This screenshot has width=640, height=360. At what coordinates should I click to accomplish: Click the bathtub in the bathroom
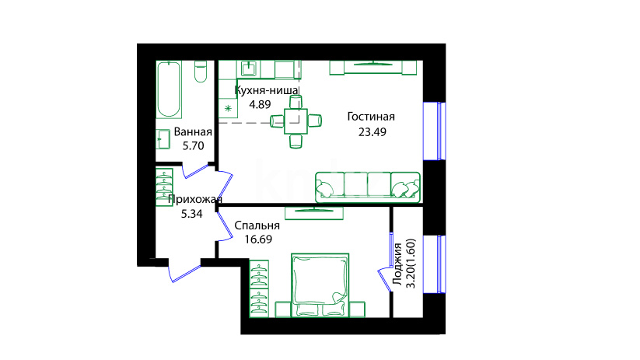point(169,89)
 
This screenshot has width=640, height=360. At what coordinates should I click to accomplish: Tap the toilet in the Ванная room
point(201,72)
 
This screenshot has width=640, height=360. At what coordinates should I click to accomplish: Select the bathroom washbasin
point(163,138)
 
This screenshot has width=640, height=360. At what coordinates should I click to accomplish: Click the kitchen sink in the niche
point(248,68)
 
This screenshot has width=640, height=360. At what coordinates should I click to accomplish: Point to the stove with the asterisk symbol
point(228,109)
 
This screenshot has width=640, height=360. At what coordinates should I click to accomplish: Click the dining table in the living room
point(296,121)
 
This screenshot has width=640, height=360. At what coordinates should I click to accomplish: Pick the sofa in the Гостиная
point(368,187)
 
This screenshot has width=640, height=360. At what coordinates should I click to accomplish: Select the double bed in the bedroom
point(320,285)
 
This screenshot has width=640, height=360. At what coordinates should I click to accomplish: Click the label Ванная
point(193,132)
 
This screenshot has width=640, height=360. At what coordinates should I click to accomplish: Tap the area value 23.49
point(372,132)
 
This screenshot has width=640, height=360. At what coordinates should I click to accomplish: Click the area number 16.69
point(258,239)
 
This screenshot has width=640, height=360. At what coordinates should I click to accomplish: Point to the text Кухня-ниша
point(267,90)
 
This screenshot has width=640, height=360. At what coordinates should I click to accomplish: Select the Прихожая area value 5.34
point(191,214)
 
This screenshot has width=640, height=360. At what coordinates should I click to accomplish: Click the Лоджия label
point(397,264)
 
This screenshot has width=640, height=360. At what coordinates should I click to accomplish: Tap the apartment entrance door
point(184,271)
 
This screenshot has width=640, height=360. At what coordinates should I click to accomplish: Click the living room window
point(434,131)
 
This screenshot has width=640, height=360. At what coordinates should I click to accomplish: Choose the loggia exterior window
point(434,264)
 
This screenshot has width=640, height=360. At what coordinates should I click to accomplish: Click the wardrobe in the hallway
point(165,187)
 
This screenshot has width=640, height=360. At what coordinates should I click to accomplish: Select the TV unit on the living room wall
point(373,68)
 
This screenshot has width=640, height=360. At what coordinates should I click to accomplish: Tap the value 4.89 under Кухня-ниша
point(260,104)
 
